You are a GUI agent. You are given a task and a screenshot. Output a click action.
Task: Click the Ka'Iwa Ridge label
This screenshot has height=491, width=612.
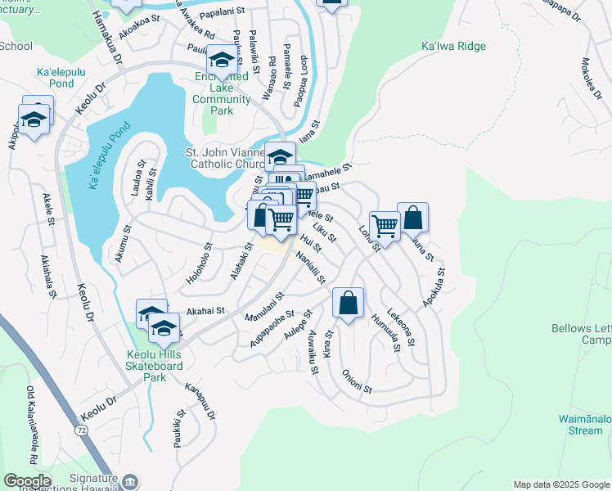tap(452, 47)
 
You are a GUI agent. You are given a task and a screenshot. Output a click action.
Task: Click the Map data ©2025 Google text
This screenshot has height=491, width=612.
tap(560, 484)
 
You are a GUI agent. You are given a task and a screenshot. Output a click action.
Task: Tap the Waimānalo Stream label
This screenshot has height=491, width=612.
tap(574, 425)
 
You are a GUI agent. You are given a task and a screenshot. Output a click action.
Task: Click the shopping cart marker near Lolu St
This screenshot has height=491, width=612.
tap(385, 225)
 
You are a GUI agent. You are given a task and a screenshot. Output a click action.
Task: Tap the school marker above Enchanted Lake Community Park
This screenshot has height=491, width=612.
tap(222, 59)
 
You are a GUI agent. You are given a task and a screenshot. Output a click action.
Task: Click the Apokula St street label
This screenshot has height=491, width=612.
tap(434, 287)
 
